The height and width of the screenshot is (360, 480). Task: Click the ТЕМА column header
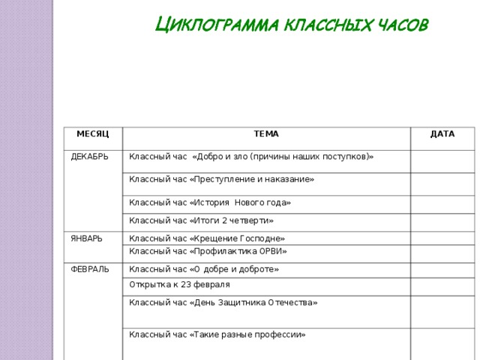[x=266, y=134]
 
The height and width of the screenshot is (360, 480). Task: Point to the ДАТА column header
[x=442, y=133]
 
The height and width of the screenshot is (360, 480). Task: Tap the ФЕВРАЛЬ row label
[x=89, y=268]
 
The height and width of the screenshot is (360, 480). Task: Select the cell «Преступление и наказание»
[x=221, y=179]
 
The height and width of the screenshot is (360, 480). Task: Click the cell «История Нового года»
[x=210, y=202]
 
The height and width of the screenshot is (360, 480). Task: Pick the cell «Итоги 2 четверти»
[x=201, y=220]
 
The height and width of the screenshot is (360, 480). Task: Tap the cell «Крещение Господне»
[x=207, y=238]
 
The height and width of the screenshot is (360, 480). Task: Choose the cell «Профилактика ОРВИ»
[x=208, y=250]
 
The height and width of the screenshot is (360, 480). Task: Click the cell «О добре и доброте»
[x=204, y=268]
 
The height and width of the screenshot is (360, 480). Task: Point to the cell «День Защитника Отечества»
[x=223, y=302]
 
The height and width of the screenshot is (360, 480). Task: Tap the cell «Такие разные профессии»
[x=217, y=334]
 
